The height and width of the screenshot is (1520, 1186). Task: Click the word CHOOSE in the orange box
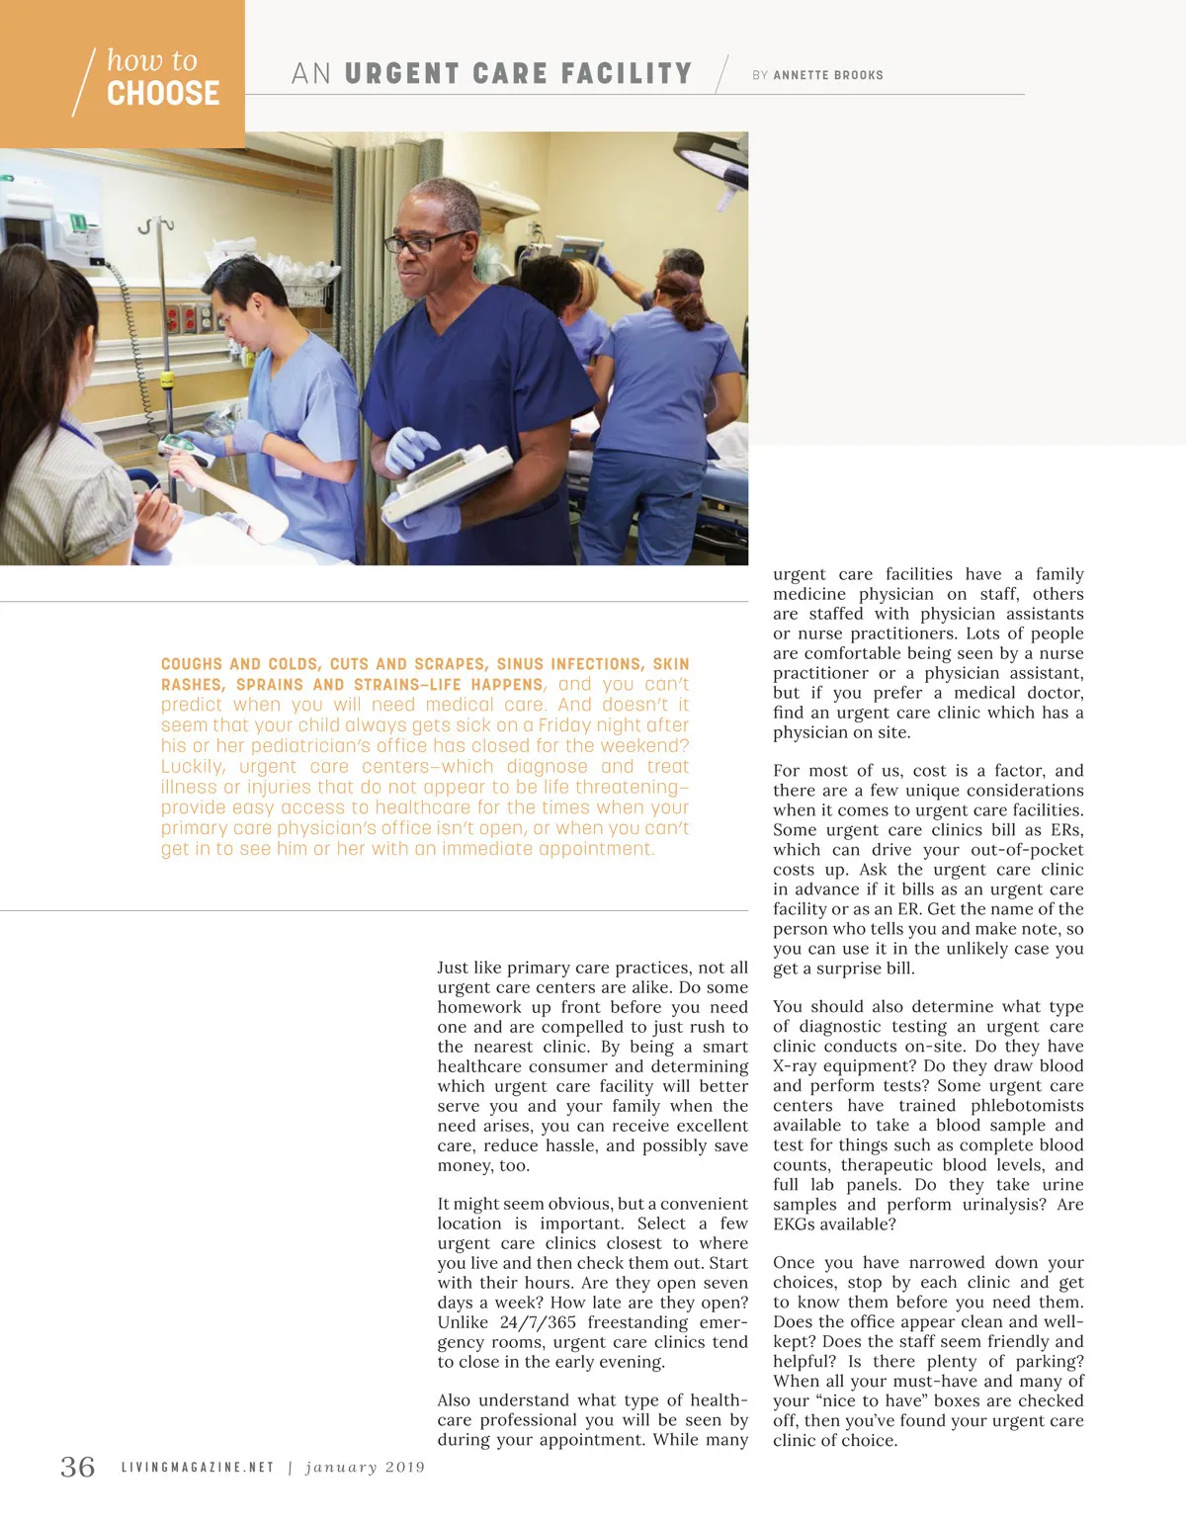tap(163, 94)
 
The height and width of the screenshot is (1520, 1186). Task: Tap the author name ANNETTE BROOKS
tap(828, 75)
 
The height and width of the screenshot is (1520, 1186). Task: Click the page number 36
tap(78, 1467)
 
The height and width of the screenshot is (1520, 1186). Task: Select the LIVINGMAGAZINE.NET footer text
tap(198, 1468)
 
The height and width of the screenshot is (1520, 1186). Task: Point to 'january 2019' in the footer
tap(365, 1468)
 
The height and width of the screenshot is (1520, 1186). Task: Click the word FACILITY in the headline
tap(627, 74)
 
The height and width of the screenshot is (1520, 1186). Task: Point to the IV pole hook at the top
tap(150, 226)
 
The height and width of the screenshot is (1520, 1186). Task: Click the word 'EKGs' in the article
tap(794, 1224)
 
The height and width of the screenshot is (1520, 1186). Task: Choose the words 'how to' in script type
tap(152, 60)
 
